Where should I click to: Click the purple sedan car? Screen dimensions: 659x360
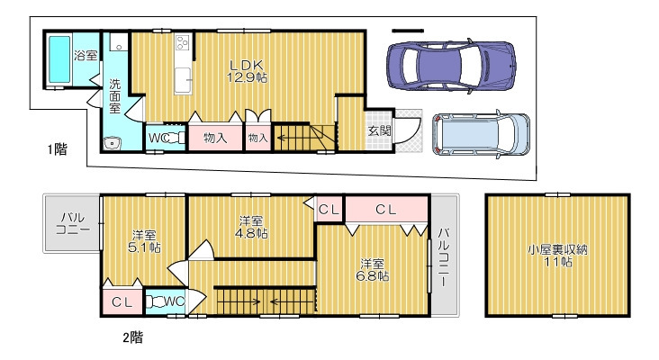click(451, 66)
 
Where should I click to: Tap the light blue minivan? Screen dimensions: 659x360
click(482, 134)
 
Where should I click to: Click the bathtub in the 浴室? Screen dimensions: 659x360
click(59, 59)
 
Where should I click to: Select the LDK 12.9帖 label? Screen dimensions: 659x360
click(247, 71)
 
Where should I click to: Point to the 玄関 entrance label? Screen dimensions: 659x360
click(380, 130)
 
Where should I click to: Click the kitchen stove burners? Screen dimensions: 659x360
click(183, 41)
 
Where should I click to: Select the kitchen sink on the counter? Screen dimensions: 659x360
click(184, 80)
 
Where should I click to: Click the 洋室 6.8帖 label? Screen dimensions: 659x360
click(374, 270)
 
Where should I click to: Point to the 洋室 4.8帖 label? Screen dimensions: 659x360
click(251, 227)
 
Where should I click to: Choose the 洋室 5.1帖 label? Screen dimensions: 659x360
click(144, 241)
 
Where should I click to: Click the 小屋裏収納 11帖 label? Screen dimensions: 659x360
click(557, 256)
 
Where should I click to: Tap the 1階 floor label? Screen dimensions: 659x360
click(57, 149)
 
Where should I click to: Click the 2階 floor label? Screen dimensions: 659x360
click(133, 337)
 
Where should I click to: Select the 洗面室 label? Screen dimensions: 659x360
click(114, 96)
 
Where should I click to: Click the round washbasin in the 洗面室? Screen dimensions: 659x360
click(112, 144)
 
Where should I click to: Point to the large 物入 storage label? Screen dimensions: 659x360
click(215, 138)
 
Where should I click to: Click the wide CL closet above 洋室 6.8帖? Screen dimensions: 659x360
click(386, 209)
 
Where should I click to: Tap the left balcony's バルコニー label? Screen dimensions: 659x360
click(73, 223)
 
